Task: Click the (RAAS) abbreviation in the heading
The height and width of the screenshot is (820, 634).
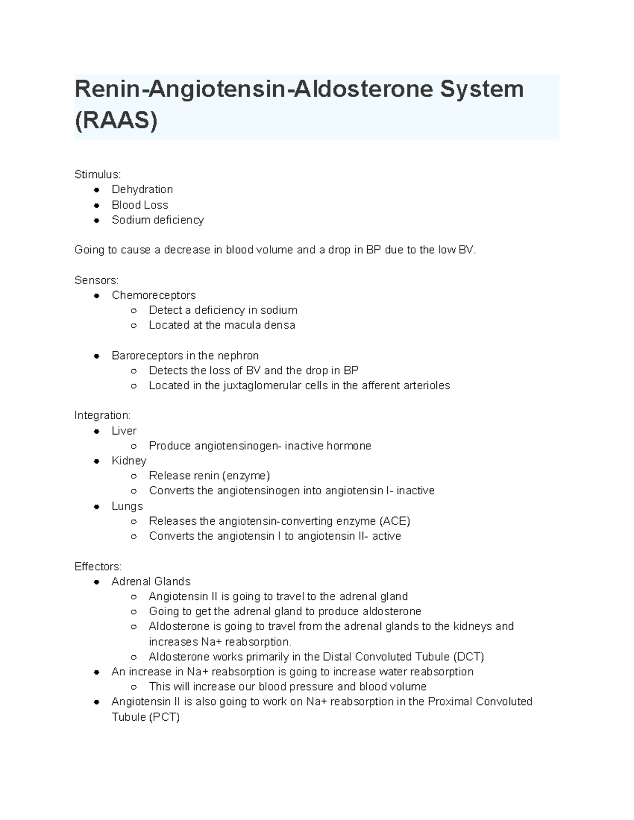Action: point(116,121)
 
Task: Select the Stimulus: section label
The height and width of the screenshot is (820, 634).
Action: point(98,174)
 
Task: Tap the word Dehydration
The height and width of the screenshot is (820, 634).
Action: point(142,189)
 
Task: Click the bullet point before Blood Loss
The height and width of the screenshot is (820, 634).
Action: point(97,205)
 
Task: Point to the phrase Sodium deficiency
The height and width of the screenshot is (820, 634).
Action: point(157,220)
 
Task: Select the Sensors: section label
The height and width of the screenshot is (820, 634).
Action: point(97,280)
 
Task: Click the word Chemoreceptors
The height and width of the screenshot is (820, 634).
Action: point(154,295)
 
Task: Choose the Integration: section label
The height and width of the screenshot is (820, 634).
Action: point(102,415)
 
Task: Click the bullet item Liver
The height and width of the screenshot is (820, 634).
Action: point(124,431)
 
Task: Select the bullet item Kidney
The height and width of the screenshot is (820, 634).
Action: point(129,460)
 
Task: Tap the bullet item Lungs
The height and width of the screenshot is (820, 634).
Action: point(127,506)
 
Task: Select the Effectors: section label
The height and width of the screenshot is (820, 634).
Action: point(98,567)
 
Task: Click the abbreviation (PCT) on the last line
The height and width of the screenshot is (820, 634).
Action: point(164,717)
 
